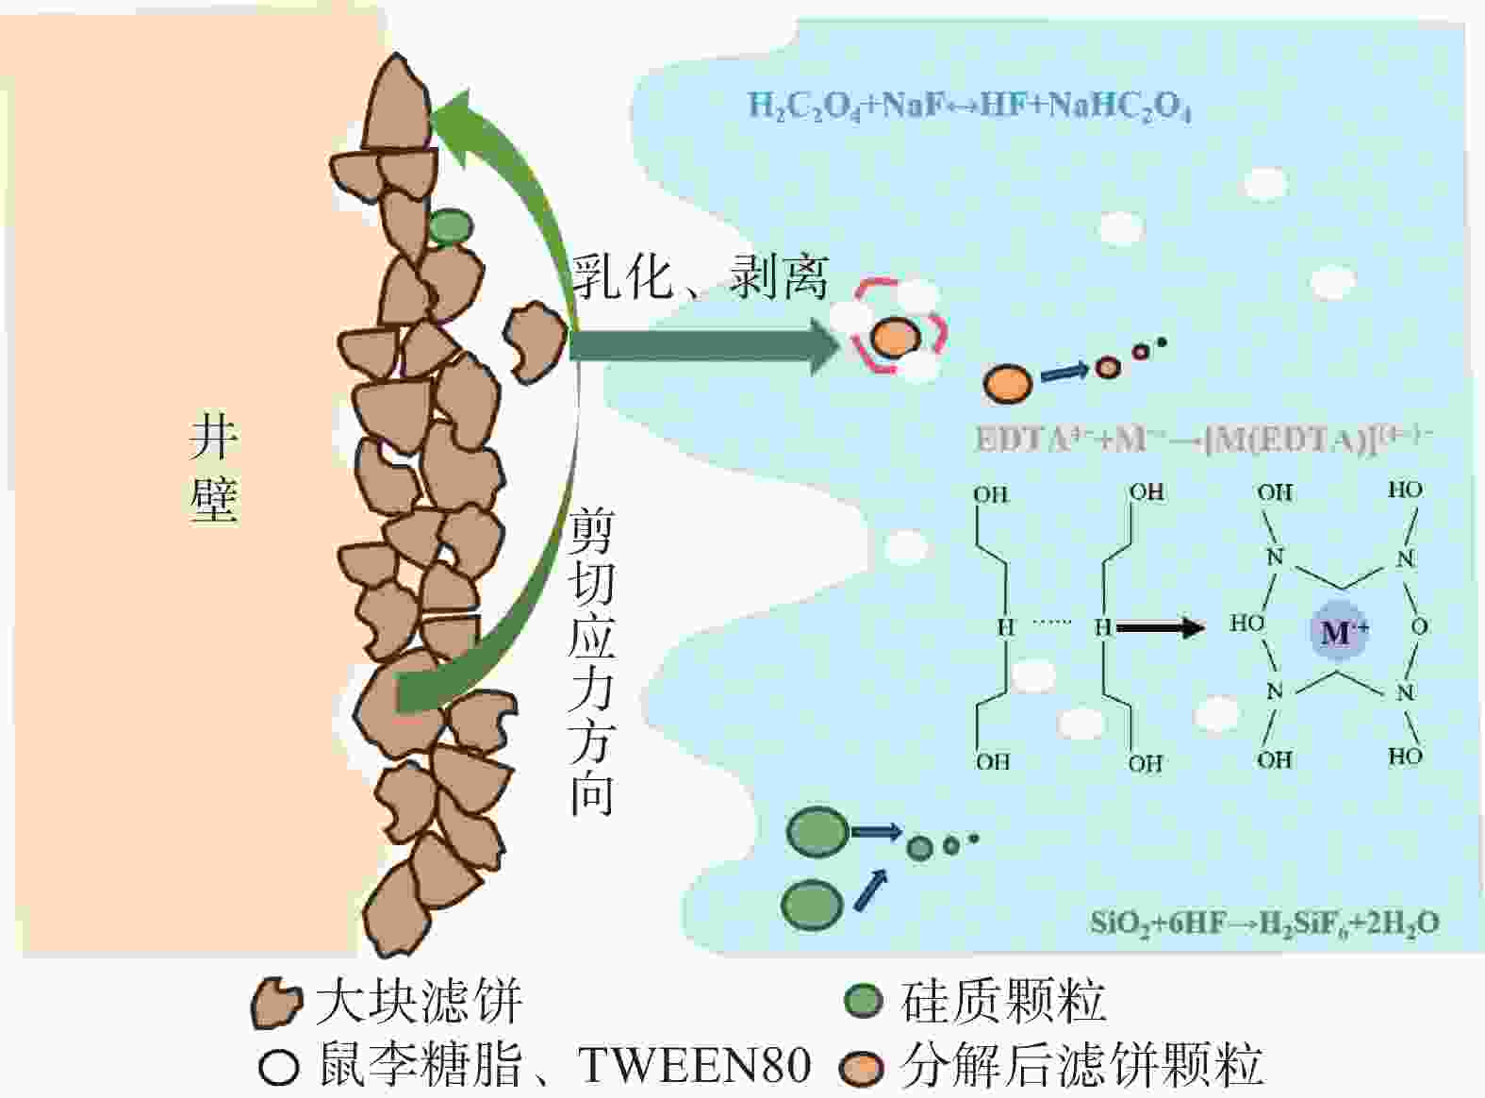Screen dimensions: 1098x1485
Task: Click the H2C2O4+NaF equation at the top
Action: point(968,106)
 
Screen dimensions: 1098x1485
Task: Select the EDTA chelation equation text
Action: point(1203,440)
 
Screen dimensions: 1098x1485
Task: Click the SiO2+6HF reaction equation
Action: point(1263,923)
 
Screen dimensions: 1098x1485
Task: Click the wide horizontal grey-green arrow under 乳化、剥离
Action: point(703,346)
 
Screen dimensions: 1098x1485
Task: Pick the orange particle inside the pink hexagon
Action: point(896,337)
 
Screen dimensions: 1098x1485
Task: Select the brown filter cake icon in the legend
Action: point(276,1003)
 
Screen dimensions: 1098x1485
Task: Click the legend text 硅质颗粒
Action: point(1003,1001)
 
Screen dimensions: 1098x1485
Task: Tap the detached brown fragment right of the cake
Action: point(536,341)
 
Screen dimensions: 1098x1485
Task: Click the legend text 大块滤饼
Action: point(419,1002)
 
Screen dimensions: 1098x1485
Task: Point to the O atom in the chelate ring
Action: point(1419,626)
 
